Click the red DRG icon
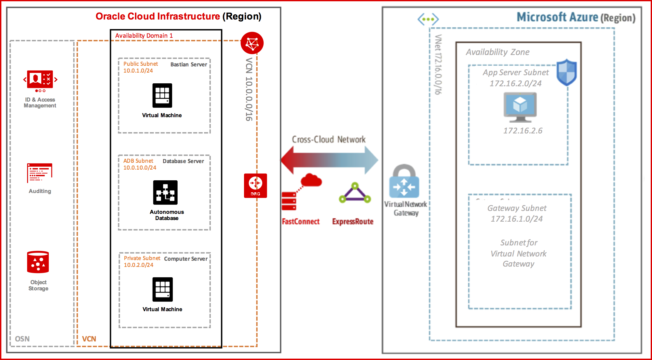click(255, 186)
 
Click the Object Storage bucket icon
click(38, 262)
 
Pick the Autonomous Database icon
click(165, 192)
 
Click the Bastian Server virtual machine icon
click(162, 95)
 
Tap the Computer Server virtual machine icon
click(163, 289)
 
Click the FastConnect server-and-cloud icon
click(301, 192)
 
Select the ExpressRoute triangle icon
click(355, 193)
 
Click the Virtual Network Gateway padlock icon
click(404, 181)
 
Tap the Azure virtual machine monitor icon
click(520, 107)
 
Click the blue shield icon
click(566, 72)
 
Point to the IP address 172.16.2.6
click(523, 131)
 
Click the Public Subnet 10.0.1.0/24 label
click(140, 67)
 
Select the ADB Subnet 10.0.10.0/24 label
click(140, 164)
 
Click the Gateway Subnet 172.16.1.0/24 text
click(517, 214)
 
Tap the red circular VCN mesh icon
click(252, 43)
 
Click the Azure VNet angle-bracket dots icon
click(428, 19)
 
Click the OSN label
click(22, 339)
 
